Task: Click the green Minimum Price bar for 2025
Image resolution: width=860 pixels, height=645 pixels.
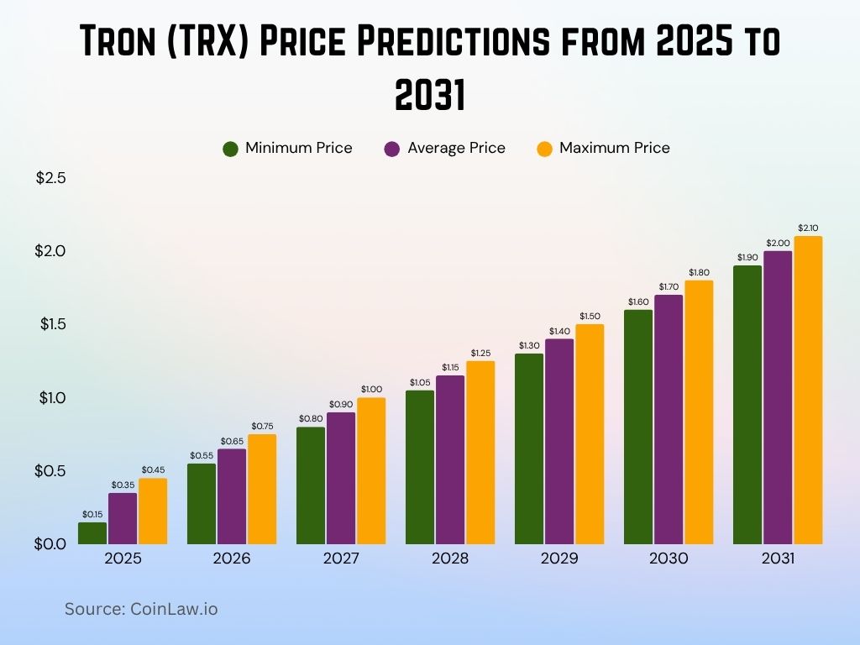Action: (92, 532)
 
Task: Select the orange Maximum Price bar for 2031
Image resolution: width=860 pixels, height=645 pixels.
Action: (808, 390)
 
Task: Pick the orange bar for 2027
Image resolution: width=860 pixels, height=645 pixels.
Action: (371, 470)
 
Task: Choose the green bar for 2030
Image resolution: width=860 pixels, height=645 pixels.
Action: (638, 427)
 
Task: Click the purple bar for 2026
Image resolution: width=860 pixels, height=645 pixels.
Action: (232, 496)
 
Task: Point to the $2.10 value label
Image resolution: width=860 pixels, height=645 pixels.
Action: (808, 228)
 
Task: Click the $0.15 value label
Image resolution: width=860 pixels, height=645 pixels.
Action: (92, 514)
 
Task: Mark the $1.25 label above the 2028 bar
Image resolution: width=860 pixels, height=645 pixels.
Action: (480, 353)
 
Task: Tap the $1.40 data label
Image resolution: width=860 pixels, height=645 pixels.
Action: (559, 331)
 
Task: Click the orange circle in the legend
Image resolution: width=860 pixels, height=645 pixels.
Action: (545, 149)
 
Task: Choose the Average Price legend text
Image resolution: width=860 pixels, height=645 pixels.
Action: (456, 149)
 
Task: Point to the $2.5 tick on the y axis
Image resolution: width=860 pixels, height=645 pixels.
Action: (50, 178)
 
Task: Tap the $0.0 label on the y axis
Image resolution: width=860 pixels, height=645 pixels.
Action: (50, 543)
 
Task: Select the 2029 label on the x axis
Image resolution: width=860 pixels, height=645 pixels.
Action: (559, 558)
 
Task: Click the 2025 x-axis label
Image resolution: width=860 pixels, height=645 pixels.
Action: (123, 558)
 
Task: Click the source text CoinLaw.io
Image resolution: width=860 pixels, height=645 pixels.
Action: (173, 609)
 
